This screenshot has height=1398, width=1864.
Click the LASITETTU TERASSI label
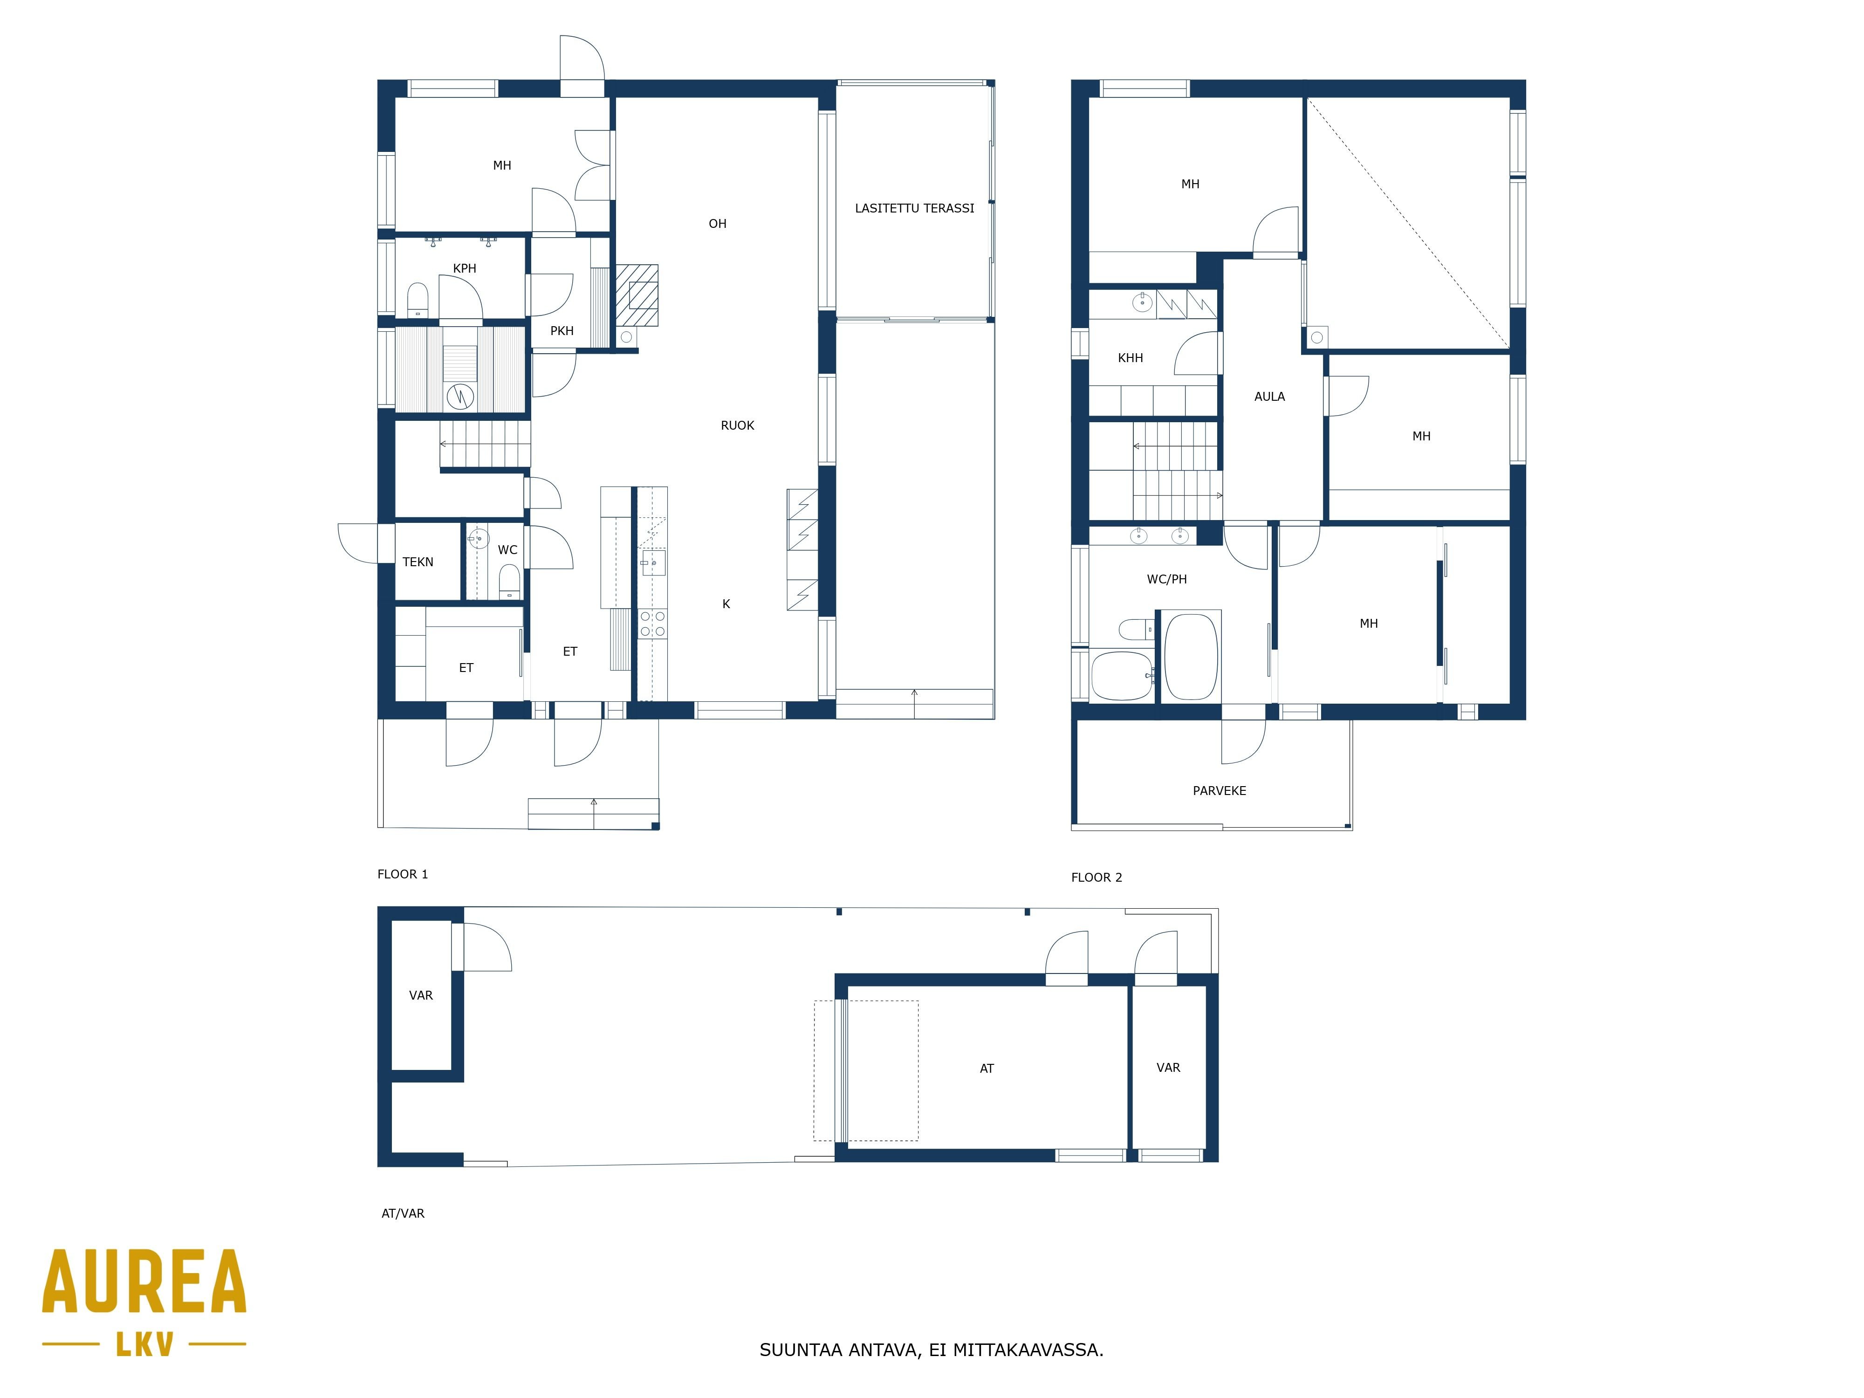(914, 208)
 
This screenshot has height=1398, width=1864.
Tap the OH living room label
(717, 223)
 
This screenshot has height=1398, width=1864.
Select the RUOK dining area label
(737, 425)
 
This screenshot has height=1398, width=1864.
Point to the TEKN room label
(418, 562)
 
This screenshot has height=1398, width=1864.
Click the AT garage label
(987, 1069)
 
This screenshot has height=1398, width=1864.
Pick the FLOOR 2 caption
(1096, 877)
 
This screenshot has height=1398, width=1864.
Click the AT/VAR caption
(403, 1213)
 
